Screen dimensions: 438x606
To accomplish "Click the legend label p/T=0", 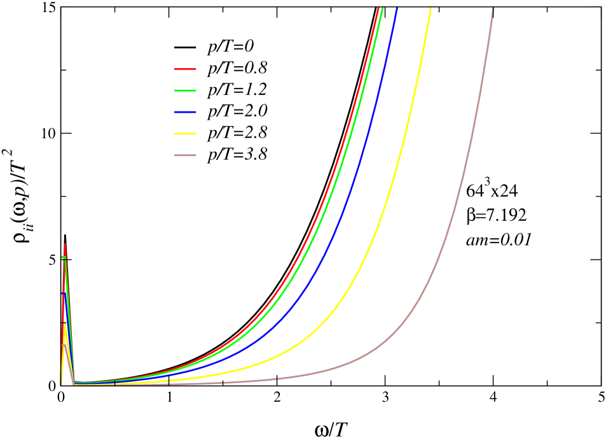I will pos(231,46).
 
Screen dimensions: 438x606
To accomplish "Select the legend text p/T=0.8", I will pos(242,67).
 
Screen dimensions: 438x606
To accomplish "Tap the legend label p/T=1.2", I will pos(242,89).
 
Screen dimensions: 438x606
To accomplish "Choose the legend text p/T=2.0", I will pos(242,111).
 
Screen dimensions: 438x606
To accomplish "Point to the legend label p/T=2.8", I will pos(242,132).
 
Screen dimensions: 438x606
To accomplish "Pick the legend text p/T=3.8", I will pos(242,154).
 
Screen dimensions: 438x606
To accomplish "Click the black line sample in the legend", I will pos(186,47).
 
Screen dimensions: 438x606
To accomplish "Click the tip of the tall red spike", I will pos(65,244).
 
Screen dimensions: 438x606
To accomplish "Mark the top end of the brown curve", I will pos(493,8).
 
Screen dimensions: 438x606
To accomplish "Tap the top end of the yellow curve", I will pos(431,8).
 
